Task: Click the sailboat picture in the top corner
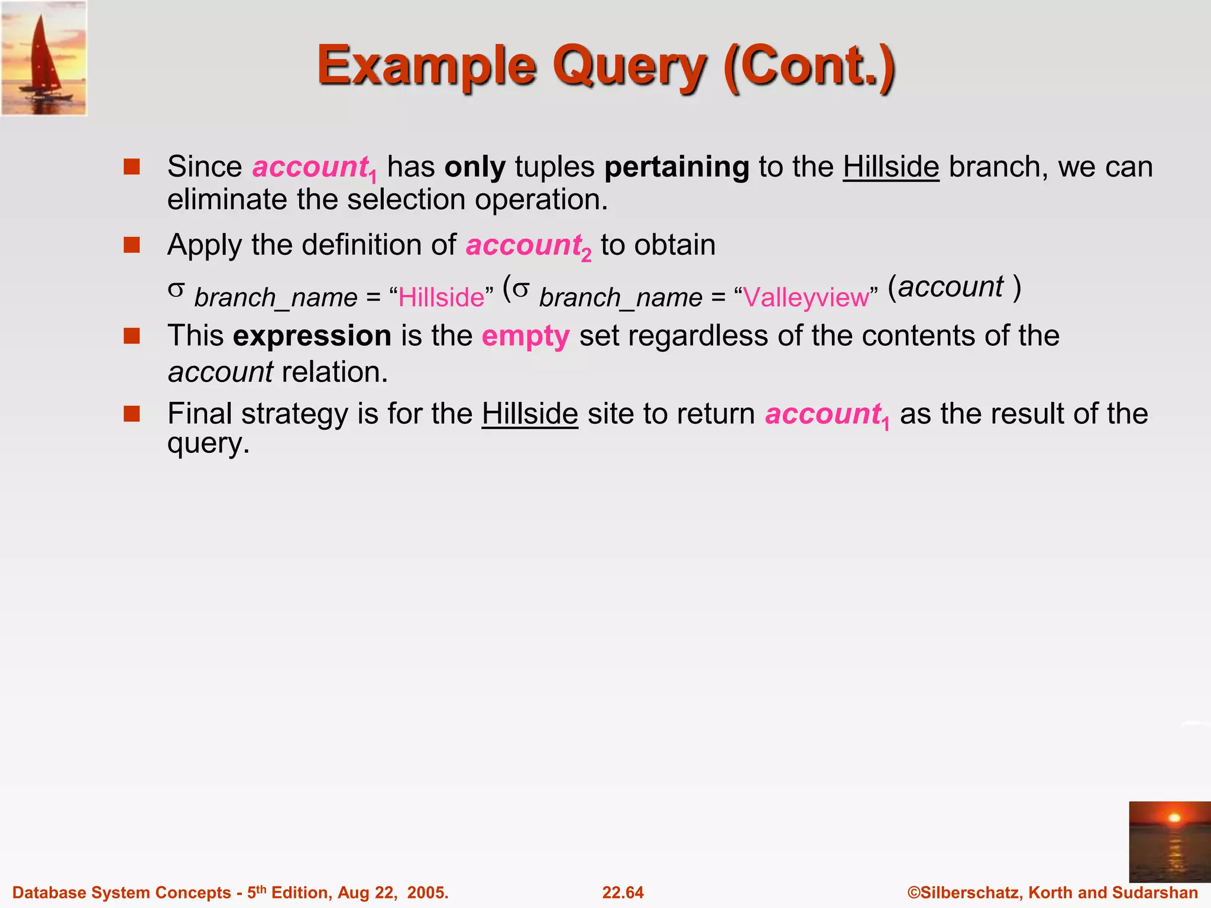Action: click(44, 58)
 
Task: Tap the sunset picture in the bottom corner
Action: click(1169, 842)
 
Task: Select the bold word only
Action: click(475, 167)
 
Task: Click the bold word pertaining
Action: click(676, 167)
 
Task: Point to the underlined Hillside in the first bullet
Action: click(891, 167)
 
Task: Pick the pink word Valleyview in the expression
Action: click(805, 297)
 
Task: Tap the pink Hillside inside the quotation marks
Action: click(441, 297)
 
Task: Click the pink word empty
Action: click(525, 336)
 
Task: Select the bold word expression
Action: click(312, 336)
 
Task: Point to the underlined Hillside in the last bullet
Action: click(529, 414)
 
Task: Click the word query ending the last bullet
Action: click(208, 443)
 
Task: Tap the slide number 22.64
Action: click(623, 892)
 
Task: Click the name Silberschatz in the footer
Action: click(970, 892)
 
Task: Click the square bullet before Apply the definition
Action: click(131, 245)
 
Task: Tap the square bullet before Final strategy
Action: click(131, 413)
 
